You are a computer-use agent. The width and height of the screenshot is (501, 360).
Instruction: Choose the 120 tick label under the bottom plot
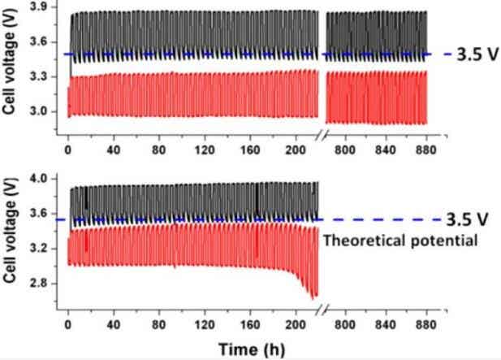tap(191, 323)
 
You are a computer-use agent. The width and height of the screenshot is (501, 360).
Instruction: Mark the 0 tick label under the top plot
tap(67, 150)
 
